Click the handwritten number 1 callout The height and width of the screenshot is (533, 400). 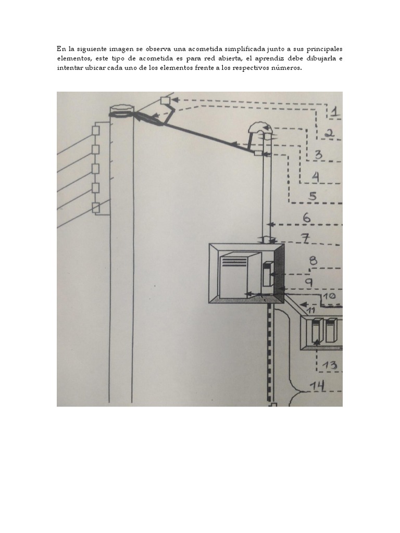(x=335, y=111)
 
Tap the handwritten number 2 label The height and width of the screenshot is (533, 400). (x=329, y=133)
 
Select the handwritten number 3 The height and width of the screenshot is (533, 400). (x=318, y=155)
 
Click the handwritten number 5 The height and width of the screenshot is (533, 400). (x=312, y=196)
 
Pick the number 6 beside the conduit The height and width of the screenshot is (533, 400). (x=307, y=218)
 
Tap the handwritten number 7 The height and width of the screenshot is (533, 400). (x=305, y=238)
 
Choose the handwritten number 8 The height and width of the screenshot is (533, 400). (x=313, y=261)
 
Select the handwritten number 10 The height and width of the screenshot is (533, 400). (x=329, y=296)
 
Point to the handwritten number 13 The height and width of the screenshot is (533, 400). (x=329, y=365)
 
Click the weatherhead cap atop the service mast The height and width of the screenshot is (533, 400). (x=257, y=129)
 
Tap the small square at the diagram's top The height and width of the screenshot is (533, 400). (x=165, y=100)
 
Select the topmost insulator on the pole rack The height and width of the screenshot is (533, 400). (x=96, y=131)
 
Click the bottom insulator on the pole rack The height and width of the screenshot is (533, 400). (x=96, y=207)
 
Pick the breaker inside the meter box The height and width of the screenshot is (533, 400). (x=268, y=273)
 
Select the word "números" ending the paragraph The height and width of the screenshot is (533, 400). (x=289, y=68)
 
